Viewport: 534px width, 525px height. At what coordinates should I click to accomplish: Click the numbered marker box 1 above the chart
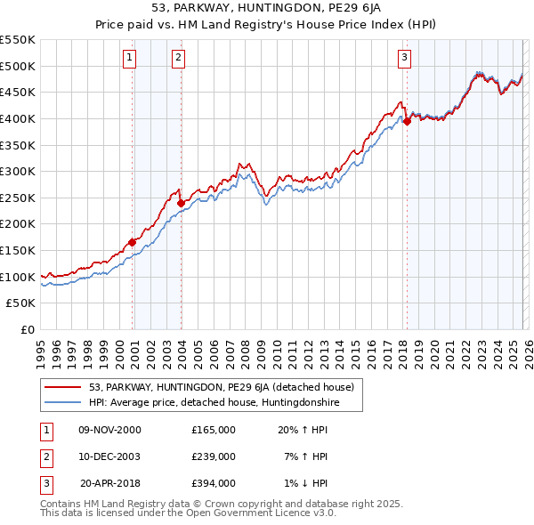click(x=130, y=58)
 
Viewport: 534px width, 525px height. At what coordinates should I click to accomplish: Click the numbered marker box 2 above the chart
click(x=178, y=58)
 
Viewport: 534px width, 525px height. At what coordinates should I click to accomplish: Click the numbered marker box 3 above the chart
click(x=404, y=58)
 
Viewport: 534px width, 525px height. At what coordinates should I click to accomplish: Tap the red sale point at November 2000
click(x=133, y=242)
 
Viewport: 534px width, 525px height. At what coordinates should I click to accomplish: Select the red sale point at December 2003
click(x=181, y=203)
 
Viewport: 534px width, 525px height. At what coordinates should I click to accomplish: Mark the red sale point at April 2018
click(x=407, y=121)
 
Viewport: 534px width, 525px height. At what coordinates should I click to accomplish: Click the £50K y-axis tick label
click(x=21, y=303)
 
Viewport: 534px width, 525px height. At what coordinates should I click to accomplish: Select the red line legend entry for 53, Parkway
click(x=221, y=387)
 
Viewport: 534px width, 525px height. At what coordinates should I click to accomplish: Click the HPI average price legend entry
click(x=214, y=403)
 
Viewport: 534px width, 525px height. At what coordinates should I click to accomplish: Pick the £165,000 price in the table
click(x=214, y=430)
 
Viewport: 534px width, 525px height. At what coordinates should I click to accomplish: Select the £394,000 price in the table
click(x=214, y=483)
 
